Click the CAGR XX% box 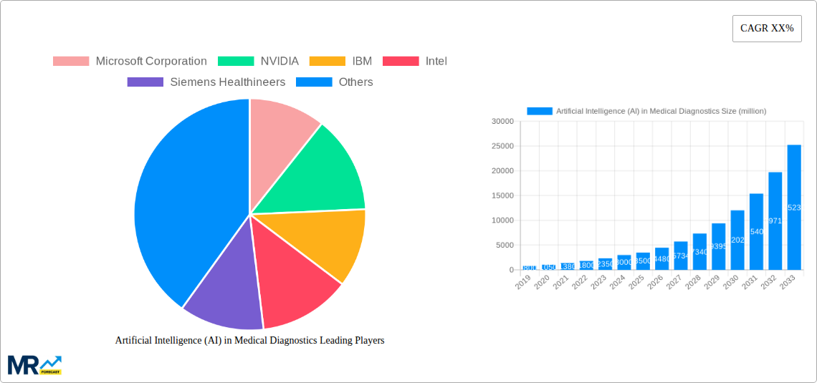click(766, 29)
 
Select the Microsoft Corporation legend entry click(130, 62)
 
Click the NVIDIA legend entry click(258, 62)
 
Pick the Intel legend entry click(415, 62)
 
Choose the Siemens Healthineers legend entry click(206, 82)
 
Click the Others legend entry click(335, 82)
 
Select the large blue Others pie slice click(186, 200)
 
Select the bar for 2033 click(794, 208)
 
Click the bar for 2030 click(737, 240)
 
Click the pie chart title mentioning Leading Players click(249, 341)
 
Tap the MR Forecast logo click(34, 364)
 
